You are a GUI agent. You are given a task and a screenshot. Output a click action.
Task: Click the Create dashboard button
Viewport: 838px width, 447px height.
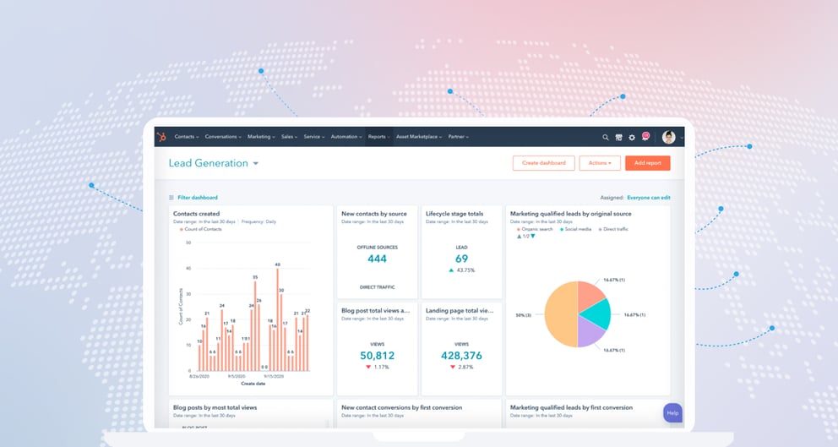(x=543, y=163)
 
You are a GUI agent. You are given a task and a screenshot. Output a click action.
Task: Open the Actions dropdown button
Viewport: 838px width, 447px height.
(x=600, y=163)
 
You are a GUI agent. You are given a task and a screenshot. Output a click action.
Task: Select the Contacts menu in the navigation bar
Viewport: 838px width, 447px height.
(x=186, y=137)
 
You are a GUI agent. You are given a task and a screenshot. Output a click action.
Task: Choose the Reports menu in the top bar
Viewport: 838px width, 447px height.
(x=378, y=137)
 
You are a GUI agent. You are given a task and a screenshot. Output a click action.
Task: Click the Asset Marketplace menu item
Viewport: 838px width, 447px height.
(x=418, y=137)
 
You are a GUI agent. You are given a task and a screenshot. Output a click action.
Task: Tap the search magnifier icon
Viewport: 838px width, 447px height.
(x=606, y=137)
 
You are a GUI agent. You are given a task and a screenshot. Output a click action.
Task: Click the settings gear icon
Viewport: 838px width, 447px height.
(x=632, y=137)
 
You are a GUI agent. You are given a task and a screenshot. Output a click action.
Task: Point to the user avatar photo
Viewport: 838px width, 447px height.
(x=668, y=137)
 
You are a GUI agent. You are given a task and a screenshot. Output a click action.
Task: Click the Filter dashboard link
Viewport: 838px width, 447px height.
(x=197, y=198)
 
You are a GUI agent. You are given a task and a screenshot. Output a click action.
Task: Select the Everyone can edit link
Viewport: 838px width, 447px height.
(x=648, y=198)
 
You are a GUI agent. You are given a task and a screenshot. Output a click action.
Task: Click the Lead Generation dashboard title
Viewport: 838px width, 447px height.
(x=208, y=163)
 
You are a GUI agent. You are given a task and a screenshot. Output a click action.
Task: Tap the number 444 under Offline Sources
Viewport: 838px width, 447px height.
(x=377, y=259)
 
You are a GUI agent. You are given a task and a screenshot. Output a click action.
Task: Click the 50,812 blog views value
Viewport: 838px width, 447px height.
(x=377, y=356)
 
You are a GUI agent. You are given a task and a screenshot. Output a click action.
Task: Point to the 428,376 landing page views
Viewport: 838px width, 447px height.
(x=461, y=356)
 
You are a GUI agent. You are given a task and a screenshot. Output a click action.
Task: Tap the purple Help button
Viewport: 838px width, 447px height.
(x=672, y=412)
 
